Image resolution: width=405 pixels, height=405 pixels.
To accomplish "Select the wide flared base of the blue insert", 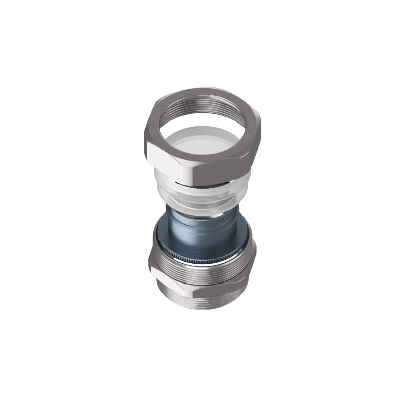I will pos(202,240).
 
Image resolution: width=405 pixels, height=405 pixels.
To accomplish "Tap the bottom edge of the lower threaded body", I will pos(202,309).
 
